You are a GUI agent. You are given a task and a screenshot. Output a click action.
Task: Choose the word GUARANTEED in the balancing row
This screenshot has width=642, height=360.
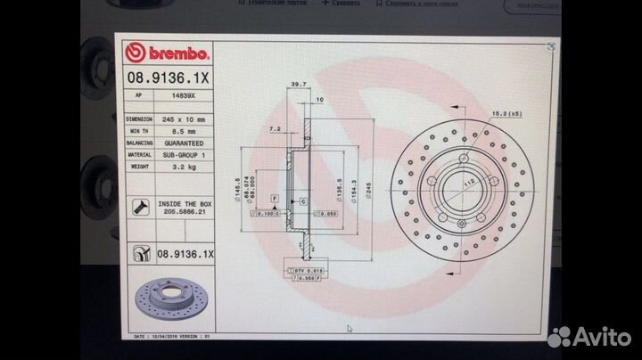pos(183,143)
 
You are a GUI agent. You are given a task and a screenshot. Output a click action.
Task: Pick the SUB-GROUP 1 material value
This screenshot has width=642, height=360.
pos(183,154)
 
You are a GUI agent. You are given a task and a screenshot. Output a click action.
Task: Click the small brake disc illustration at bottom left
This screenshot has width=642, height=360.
pos(168,302)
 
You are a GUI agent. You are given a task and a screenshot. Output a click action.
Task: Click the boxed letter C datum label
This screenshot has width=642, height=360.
pos(303,202)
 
